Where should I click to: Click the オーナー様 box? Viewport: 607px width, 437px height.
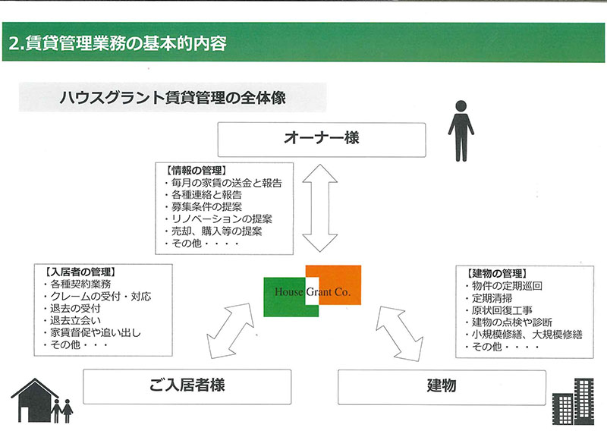coord(321,140)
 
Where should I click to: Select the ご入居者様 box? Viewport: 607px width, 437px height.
coord(187,387)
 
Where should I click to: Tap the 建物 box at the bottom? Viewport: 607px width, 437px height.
coord(442,387)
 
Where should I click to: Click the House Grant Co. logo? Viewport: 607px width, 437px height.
coord(313,291)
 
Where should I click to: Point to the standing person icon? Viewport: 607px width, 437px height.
coord(461,130)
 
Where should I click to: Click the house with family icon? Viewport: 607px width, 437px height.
coord(42,401)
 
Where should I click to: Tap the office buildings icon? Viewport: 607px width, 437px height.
coord(573,402)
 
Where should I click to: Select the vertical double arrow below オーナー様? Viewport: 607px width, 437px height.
coord(319,208)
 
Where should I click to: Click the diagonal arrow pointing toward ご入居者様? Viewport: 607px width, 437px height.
coord(231,331)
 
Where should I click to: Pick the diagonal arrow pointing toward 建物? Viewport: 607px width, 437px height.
coord(399,333)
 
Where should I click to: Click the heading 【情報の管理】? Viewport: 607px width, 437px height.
coord(195,170)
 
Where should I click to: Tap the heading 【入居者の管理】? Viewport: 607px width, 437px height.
coord(80,272)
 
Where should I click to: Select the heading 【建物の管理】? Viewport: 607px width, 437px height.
coord(497,274)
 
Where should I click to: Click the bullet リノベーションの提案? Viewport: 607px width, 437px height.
coord(218,218)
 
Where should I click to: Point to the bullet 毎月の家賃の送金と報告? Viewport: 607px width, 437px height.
coord(223,183)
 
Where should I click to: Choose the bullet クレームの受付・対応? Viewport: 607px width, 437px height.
coord(97,296)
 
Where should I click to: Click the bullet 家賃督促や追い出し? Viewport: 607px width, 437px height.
coord(92,332)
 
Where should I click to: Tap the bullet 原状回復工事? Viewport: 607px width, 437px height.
coord(498,310)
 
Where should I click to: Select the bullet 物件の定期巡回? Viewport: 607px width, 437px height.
coord(504,286)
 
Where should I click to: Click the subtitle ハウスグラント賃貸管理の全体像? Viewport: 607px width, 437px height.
coord(173,98)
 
